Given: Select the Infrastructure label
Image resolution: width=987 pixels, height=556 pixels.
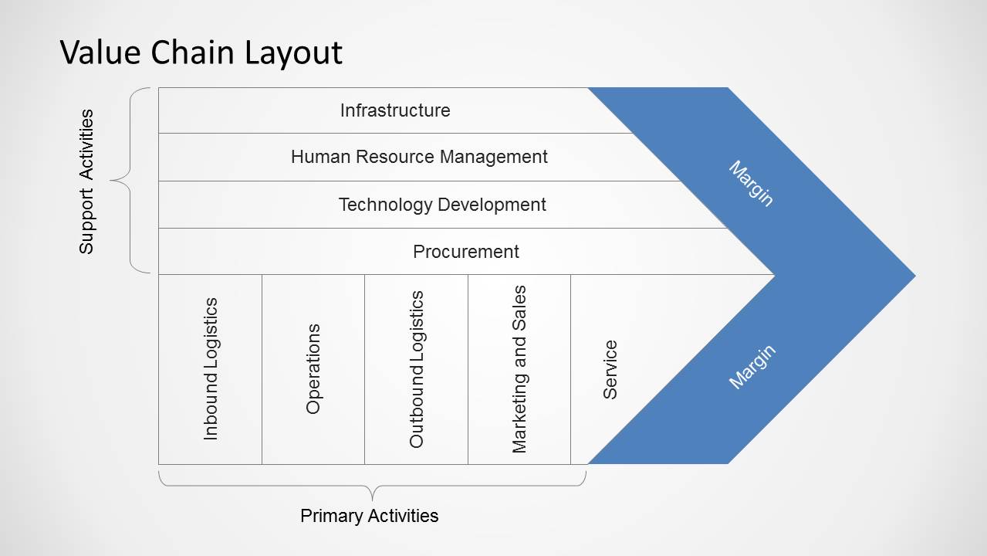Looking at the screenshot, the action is tap(395, 110).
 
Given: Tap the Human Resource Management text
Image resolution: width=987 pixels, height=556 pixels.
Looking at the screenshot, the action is tap(419, 157).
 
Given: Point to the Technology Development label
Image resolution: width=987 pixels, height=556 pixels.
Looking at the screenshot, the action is tap(442, 205).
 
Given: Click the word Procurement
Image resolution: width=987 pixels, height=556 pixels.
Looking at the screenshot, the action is tap(466, 252).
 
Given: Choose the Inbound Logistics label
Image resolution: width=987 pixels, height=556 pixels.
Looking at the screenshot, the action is tap(211, 369).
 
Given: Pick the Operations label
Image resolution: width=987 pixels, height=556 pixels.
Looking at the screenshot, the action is tap(313, 369).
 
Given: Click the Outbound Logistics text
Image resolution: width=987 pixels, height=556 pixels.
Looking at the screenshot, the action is tap(416, 369).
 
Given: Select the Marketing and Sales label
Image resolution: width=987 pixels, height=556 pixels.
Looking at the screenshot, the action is tap(519, 369).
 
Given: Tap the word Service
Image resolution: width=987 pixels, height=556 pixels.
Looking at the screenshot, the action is tap(610, 369).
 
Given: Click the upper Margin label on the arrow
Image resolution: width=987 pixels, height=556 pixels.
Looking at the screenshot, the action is tap(752, 184).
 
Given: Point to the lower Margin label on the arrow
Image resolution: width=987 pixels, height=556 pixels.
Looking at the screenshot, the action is tap(752, 367).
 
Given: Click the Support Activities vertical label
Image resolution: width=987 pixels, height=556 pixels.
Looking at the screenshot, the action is tap(86, 181).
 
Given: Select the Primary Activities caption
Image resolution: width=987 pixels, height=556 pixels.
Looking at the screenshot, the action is tap(369, 515).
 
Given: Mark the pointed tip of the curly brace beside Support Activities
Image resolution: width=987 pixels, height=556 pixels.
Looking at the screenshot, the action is tap(110, 181).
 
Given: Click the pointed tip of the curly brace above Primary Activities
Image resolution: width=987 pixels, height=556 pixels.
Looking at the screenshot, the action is tap(372, 501).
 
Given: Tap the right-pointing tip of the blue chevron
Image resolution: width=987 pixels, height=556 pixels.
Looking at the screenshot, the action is tap(915, 276).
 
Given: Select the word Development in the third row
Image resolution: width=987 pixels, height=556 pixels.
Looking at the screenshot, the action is tap(492, 205).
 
